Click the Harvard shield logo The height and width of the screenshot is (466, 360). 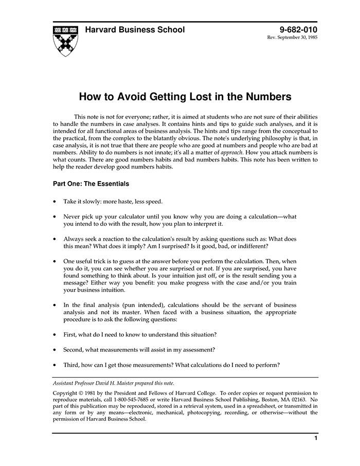(65, 40)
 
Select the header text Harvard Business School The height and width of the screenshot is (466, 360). (135, 30)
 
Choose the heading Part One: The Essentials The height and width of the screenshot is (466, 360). (91, 184)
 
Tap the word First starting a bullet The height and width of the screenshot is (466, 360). (71, 334)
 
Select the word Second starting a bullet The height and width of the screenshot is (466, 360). (75, 349)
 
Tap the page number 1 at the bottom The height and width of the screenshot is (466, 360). (315, 438)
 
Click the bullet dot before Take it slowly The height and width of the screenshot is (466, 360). (55, 202)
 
